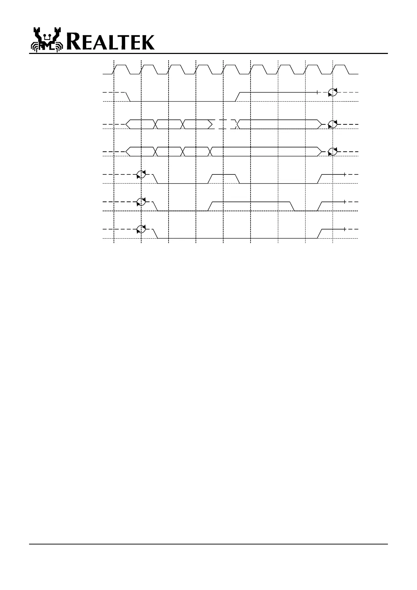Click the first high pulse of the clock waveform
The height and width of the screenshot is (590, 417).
tap(121, 65)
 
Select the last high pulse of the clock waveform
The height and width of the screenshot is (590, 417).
tap(340, 65)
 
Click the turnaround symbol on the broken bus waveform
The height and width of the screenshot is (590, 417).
tap(332, 124)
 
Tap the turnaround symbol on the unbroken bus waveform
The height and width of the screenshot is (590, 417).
tap(332, 152)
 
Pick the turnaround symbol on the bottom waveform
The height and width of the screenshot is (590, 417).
tap(141, 229)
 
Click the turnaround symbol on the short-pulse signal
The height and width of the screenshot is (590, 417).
tap(141, 174)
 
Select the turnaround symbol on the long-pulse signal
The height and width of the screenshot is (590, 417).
tap(141, 202)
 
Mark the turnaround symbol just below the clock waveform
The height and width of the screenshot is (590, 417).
tap(332, 92)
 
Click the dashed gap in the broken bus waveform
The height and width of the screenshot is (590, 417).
tap(224, 124)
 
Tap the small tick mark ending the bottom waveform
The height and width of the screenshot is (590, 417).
tap(345, 229)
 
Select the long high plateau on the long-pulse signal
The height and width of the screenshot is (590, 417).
tap(251, 202)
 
